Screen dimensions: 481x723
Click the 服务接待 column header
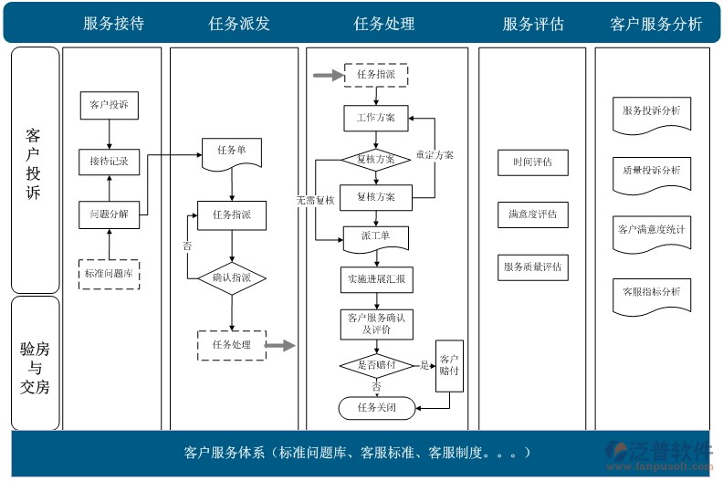(x=112, y=25)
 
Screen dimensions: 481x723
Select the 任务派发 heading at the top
(x=239, y=25)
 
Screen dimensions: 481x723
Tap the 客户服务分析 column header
(x=655, y=25)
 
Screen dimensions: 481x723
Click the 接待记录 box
(x=109, y=162)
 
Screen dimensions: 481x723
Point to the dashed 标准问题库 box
(x=109, y=273)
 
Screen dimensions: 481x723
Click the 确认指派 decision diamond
(x=231, y=277)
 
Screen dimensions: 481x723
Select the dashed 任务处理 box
(x=231, y=344)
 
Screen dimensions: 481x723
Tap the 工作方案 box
(x=375, y=118)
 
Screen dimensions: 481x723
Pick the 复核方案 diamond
(x=375, y=159)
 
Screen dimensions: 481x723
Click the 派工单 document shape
(x=375, y=236)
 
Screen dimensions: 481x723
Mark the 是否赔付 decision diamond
(x=375, y=365)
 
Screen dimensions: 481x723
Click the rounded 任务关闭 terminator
(x=375, y=407)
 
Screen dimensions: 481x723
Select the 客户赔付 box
(x=450, y=365)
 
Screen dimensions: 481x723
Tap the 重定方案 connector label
(x=435, y=155)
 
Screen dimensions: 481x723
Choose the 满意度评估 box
(x=532, y=214)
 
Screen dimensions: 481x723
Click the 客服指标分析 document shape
(x=651, y=293)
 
